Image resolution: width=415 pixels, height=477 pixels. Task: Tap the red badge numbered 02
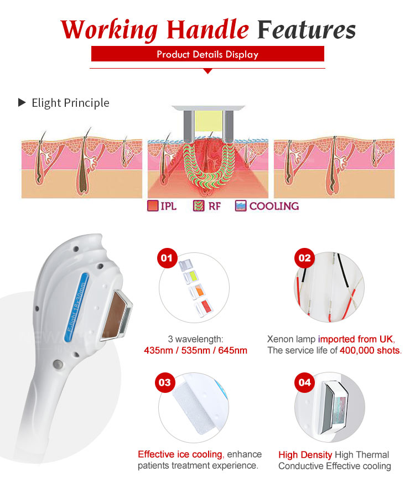tap(305, 258)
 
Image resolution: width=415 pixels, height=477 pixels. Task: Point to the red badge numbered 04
tap(305, 382)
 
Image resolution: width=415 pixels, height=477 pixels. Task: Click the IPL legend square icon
tap(153, 206)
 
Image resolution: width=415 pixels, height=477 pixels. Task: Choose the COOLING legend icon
tap(241, 206)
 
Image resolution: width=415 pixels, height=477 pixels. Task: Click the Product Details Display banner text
tap(207, 54)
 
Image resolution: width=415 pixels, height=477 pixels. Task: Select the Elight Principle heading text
tap(70, 103)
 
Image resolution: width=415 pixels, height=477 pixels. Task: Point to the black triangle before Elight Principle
tap(22, 102)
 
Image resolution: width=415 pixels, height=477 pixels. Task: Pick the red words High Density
tap(305, 455)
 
